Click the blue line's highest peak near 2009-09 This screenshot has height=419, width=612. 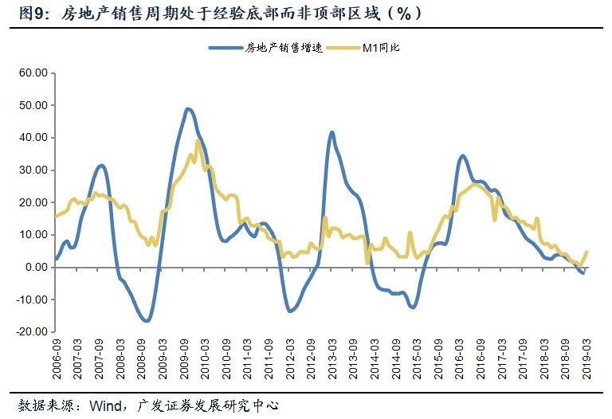(187, 108)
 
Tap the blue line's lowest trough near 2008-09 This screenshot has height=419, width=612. (146, 320)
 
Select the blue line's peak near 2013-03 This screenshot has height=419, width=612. (331, 132)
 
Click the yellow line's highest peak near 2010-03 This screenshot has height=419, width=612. (198, 141)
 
